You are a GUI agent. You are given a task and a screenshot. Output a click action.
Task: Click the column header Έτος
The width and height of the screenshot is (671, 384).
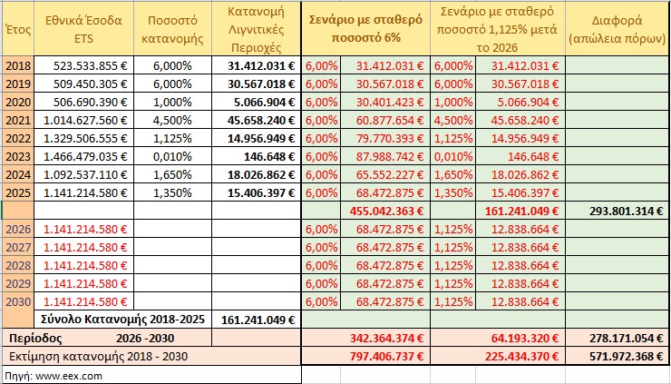[15, 30]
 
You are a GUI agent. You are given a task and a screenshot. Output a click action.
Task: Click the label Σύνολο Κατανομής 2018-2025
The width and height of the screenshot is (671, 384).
[125, 320]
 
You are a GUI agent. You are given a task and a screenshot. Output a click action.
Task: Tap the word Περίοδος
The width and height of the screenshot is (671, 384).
[36, 337]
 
